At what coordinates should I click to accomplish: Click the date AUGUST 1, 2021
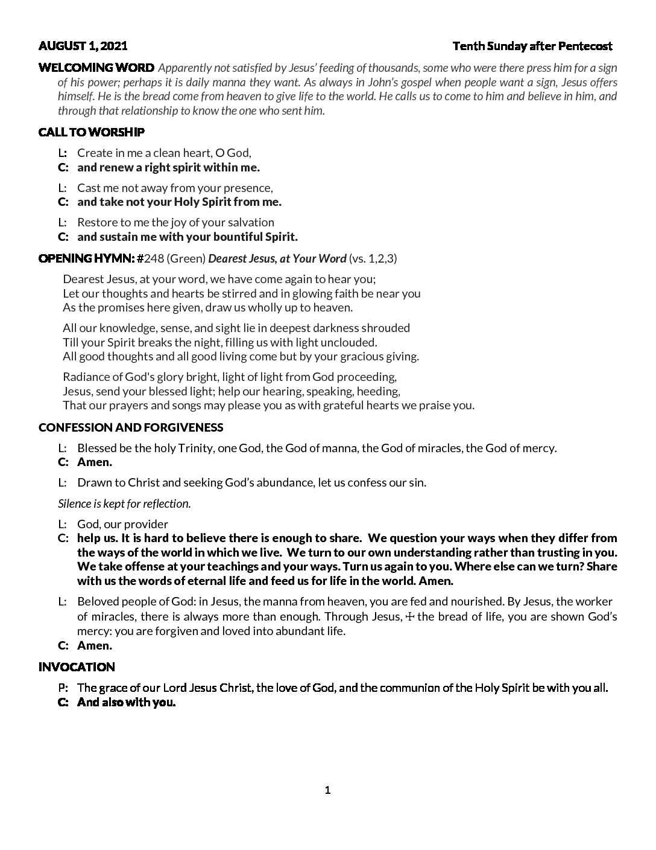click(83, 46)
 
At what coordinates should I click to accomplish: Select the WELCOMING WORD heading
click(96, 68)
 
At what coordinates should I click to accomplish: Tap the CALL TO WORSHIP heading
click(91, 132)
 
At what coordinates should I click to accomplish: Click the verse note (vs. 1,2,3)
click(373, 259)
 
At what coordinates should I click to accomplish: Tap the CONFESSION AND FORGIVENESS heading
click(130, 427)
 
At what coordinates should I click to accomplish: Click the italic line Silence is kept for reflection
click(124, 503)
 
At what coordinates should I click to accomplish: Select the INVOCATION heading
click(77, 667)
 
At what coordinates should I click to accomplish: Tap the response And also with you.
click(126, 702)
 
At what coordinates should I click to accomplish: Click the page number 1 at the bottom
click(327, 790)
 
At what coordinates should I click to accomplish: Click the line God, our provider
click(122, 524)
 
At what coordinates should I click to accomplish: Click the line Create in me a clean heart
click(164, 153)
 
